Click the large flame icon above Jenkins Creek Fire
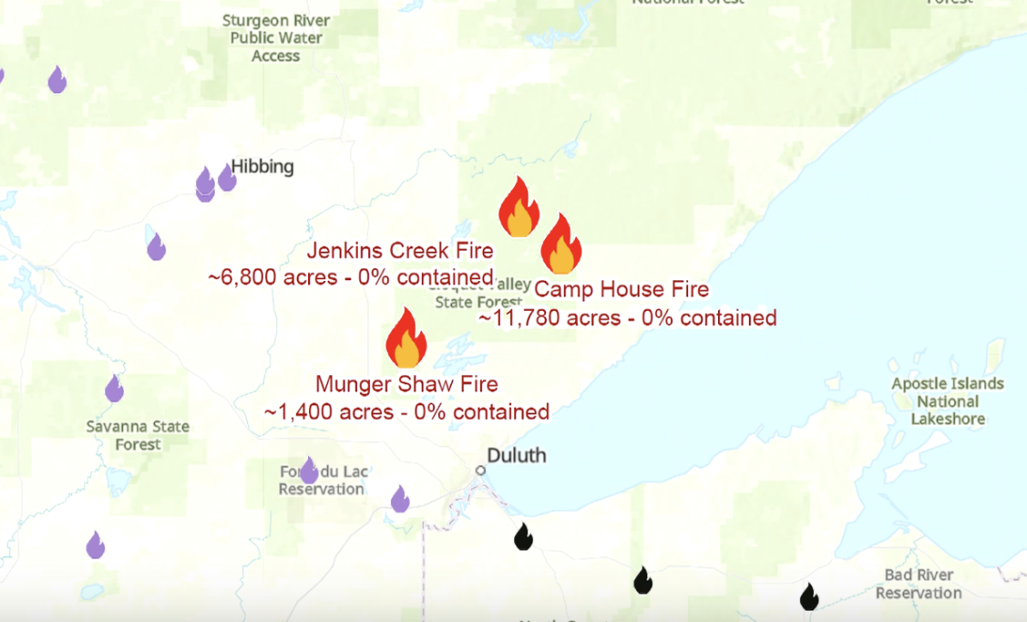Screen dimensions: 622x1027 coord(519,207)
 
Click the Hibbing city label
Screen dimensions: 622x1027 coord(263,167)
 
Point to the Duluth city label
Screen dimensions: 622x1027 coord(516,455)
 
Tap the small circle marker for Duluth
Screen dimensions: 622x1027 coord(481,470)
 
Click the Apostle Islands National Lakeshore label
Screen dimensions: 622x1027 coord(947,401)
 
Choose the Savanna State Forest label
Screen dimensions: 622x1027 coord(138,435)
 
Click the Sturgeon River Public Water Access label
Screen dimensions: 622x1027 coord(276,38)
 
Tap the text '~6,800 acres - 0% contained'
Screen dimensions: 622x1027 coord(351,278)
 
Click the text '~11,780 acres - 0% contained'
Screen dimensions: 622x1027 coord(627,318)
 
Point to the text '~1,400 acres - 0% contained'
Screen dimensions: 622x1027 coord(407,411)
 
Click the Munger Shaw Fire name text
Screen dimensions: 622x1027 coord(407,385)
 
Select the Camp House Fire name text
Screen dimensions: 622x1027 coord(621,290)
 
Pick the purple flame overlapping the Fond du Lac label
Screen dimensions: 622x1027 coord(308,469)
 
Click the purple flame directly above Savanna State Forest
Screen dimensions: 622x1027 coord(114,389)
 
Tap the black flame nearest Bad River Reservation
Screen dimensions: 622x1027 coord(809,596)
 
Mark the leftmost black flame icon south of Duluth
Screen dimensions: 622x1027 coord(523,537)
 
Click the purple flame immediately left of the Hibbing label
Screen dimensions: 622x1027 coord(227,178)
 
